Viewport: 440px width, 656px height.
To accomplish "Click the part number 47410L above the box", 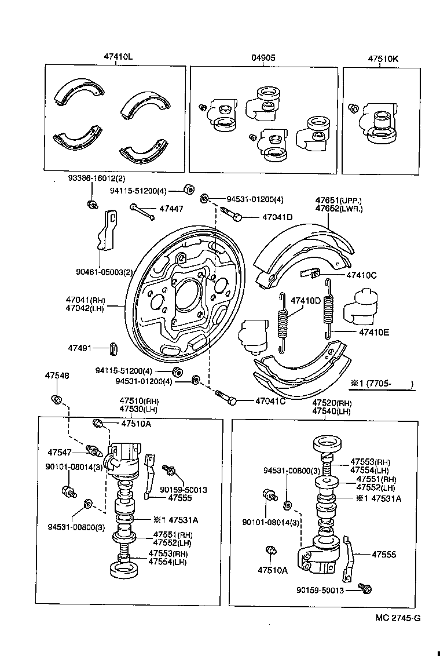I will tap(119, 57).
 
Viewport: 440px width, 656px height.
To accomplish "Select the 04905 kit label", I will tap(263, 57).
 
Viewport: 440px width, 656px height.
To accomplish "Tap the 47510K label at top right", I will tap(383, 57).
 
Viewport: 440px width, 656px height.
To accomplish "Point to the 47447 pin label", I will tap(171, 208).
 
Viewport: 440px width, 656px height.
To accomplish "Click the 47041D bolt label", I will tap(277, 217).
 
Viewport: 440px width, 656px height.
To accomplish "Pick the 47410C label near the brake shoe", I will tap(361, 275).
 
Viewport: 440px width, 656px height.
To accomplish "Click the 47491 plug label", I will tap(80, 348).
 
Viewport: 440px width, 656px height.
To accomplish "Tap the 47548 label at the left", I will tap(57, 376).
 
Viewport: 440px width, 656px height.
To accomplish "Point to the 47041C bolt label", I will tap(270, 401).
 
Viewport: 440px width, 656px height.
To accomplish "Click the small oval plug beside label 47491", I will tap(114, 348).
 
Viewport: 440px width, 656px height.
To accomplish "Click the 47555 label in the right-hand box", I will tap(383, 555).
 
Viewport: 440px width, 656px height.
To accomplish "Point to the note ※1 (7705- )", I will tap(381, 384).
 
